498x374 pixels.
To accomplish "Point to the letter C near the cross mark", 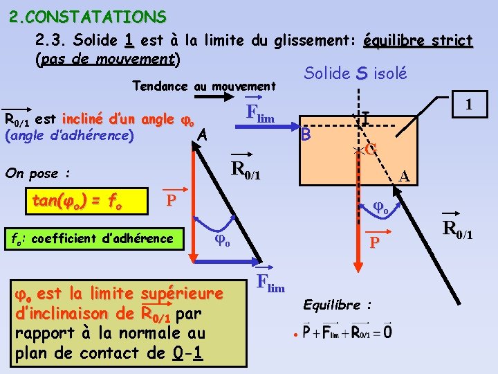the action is tap(371, 148).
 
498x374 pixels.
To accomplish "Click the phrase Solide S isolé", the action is tap(356, 73).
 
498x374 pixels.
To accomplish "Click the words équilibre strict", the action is tap(417, 41).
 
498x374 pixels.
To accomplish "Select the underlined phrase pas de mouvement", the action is tap(107, 59).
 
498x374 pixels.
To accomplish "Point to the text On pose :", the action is tap(39, 172).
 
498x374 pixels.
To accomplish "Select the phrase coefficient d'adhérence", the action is tap(101, 239).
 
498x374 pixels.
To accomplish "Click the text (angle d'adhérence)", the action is tap(69, 135).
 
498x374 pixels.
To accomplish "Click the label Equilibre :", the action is tap(337, 305).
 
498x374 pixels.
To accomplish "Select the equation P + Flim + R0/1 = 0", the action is tap(347, 332).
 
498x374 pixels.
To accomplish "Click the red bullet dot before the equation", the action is tap(295, 335).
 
